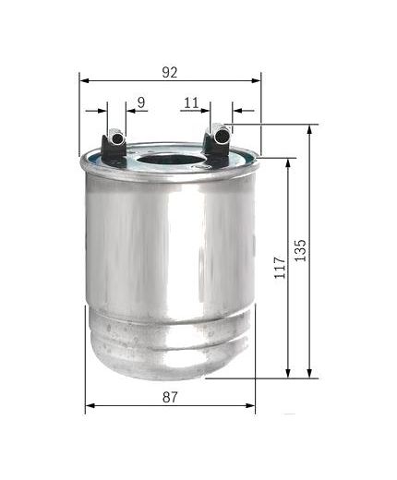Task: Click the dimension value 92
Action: coord(170,70)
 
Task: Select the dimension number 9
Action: coord(139,102)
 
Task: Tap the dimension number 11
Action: coord(191,102)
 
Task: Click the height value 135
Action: coord(299,249)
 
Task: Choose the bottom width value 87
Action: coord(169,397)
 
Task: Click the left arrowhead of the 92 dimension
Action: coord(85,80)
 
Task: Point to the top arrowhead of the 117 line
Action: coord(289,162)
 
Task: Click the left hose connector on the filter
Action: coord(115,143)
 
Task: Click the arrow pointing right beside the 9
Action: coord(102,111)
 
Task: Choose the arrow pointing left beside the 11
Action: coord(237,111)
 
